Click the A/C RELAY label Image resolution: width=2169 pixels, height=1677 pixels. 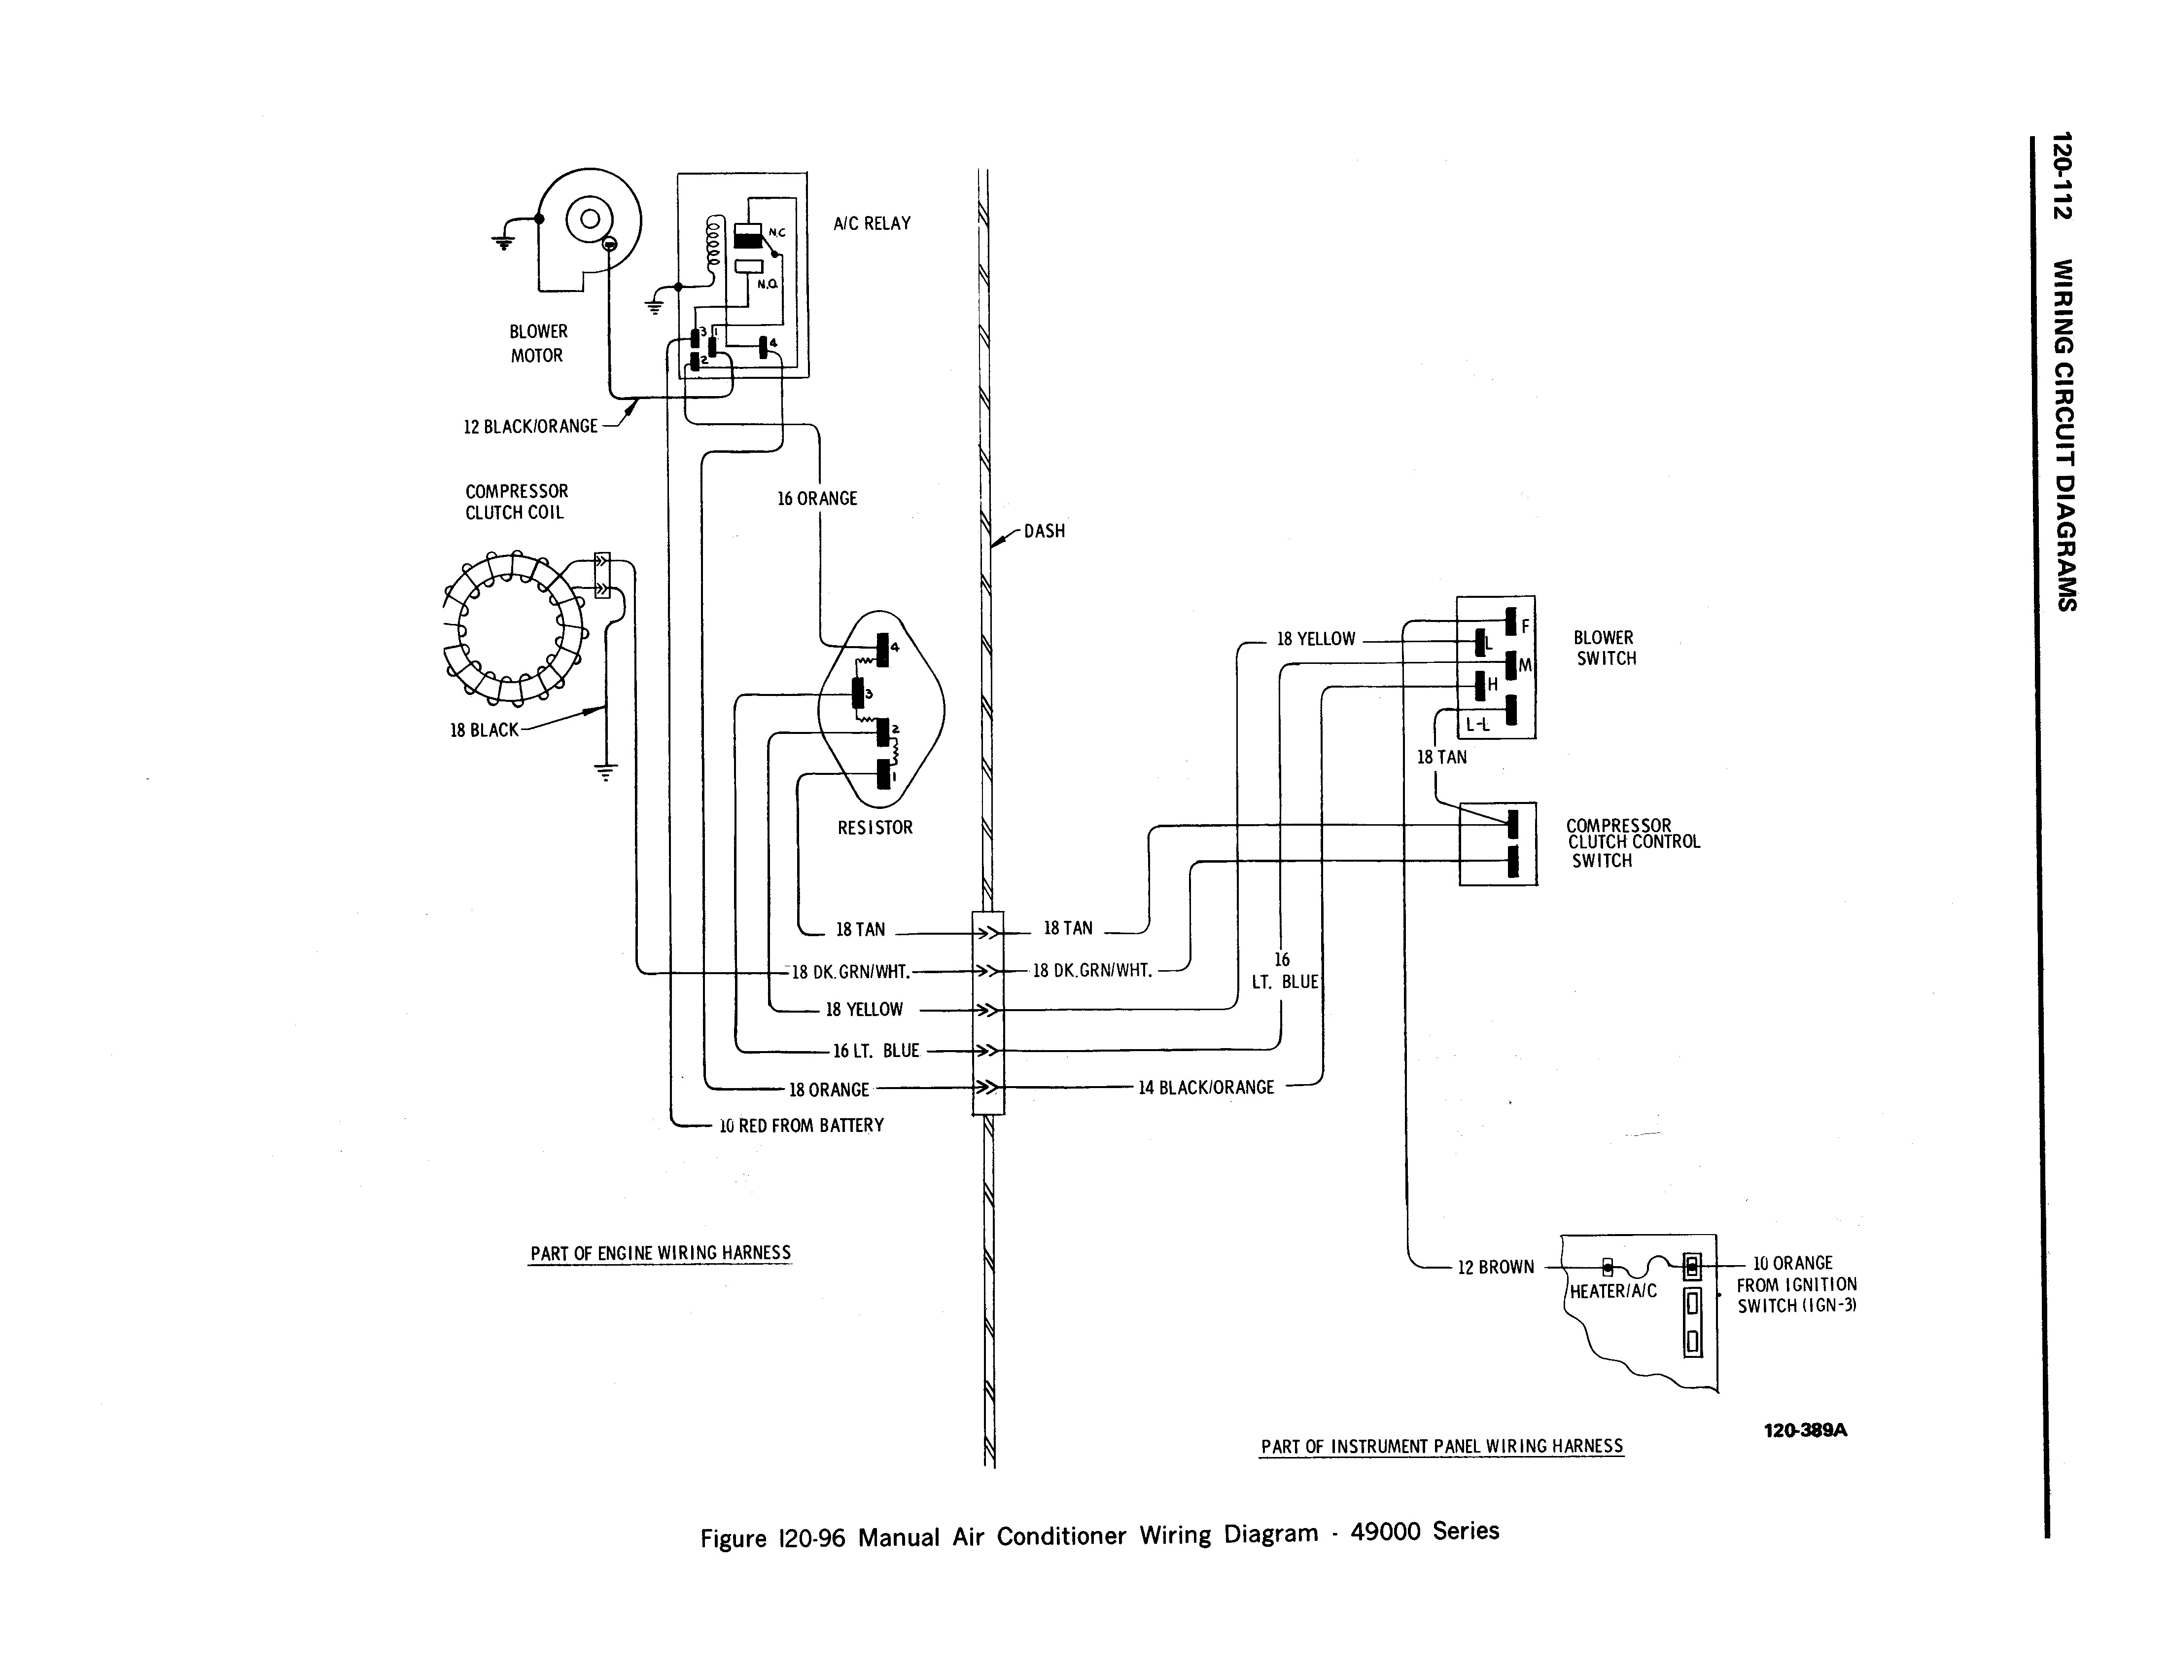(871, 223)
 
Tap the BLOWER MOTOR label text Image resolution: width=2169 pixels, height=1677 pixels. (537, 344)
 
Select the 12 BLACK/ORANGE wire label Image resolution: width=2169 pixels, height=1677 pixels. (530, 426)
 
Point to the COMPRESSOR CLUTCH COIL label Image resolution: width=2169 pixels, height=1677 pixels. (517, 502)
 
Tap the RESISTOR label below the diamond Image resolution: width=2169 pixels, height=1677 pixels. (874, 828)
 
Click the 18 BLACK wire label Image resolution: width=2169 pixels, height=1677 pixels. (484, 730)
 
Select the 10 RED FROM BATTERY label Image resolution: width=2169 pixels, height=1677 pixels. (801, 1126)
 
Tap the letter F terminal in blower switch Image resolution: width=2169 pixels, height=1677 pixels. (1526, 626)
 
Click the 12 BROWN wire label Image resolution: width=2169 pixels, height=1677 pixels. (1495, 1268)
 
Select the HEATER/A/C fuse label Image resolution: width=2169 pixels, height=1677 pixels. (1613, 1291)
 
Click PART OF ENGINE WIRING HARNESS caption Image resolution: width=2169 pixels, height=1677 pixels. (661, 1253)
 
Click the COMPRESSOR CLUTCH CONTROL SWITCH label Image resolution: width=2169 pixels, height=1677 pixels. (1632, 842)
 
